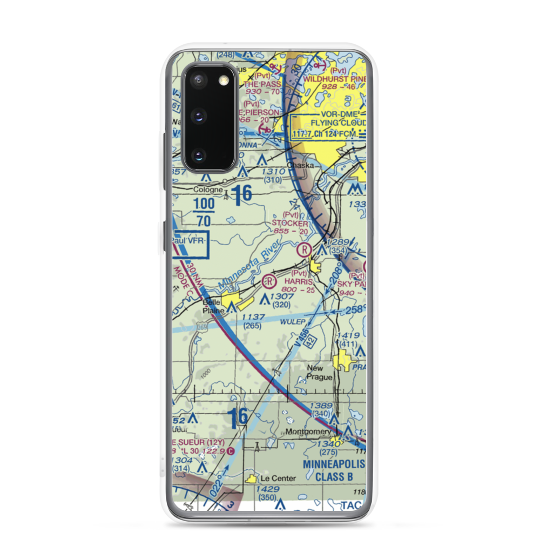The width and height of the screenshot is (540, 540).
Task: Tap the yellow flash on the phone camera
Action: tap(224, 80)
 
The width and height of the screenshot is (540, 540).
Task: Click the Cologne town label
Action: tap(207, 190)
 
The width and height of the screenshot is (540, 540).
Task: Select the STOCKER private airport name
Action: tap(290, 223)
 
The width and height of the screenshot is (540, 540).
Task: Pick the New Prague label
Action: tap(319, 373)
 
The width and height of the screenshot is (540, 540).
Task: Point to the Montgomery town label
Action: tap(308, 431)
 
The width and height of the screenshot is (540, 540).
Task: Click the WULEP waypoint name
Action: tap(293, 321)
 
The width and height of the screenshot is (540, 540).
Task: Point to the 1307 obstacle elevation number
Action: tap(282, 296)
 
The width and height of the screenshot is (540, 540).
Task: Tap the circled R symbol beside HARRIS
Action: tap(269, 281)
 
